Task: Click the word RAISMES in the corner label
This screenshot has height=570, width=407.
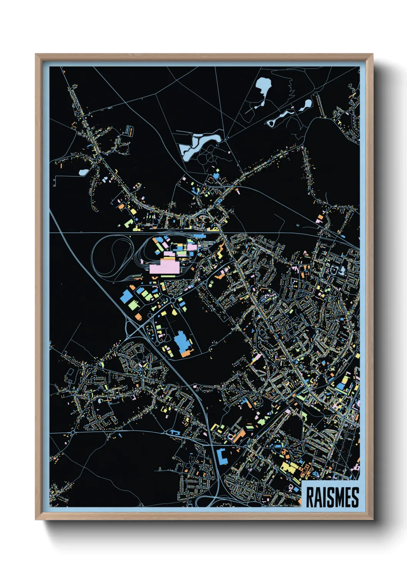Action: [332, 497]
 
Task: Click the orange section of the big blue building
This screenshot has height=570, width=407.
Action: [186, 352]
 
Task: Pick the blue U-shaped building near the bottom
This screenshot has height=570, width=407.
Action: [222, 457]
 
